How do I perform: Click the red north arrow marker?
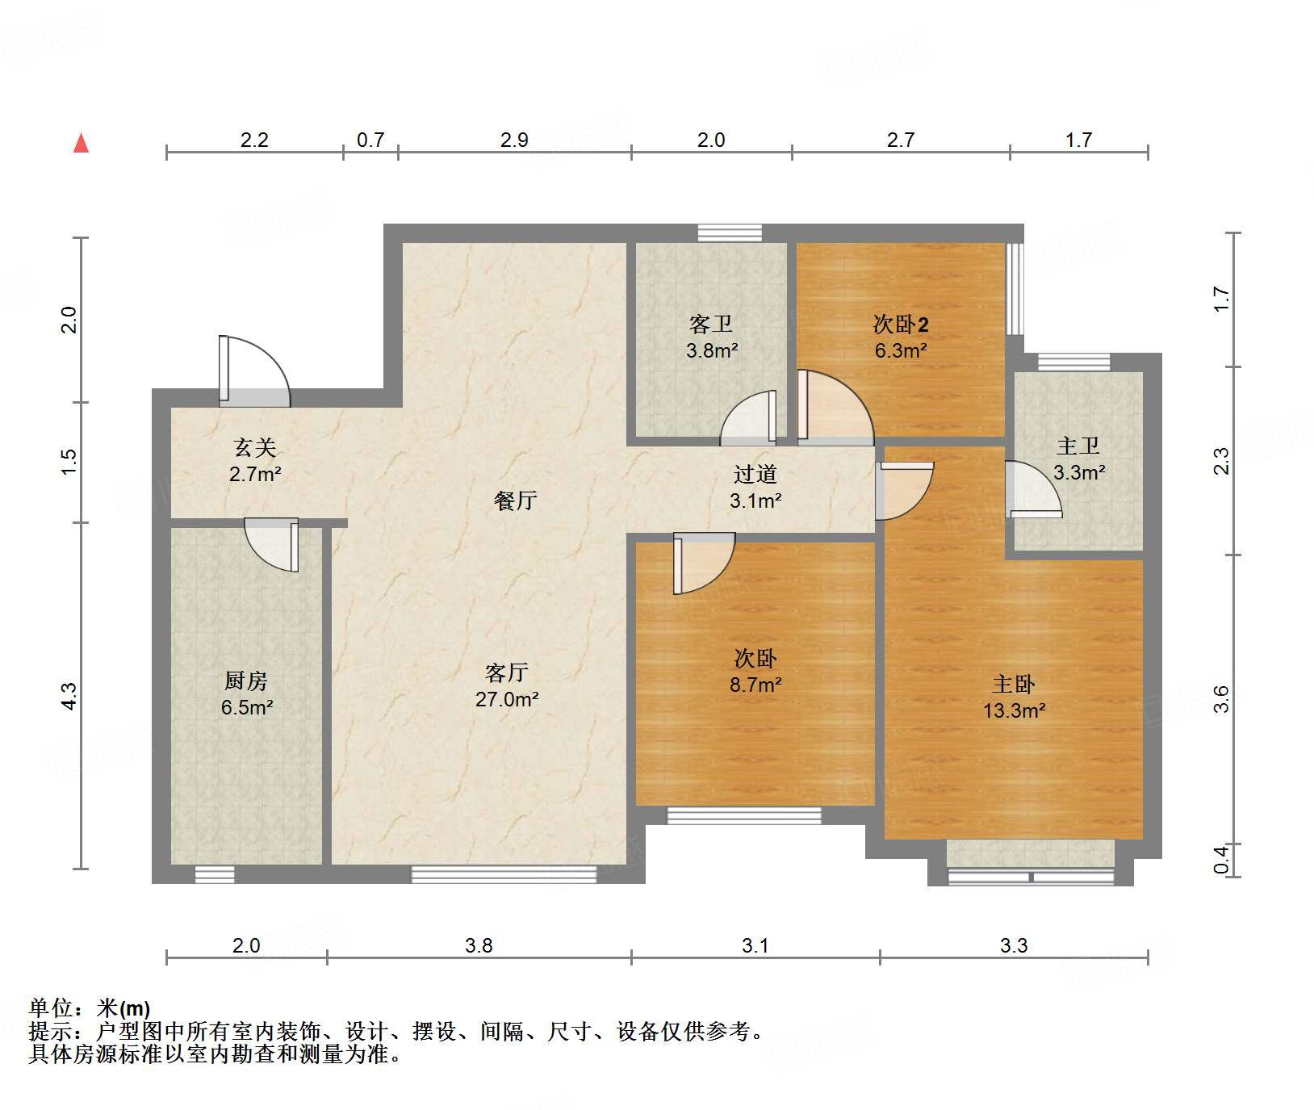[x=81, y=143]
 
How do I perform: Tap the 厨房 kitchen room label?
[x=246, y=681]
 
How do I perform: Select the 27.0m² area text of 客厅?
[x=507, y=699]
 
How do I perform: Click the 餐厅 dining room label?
[x=515, y=501]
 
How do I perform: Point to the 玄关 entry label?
[x=255, y=447]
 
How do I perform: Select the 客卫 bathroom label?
[x=711, y=325]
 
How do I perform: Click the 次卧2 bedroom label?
[x=901, y=325]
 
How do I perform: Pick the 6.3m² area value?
[x=901, y=351]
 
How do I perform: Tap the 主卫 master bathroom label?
[x=1078, y=446]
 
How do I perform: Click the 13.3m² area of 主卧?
[x=1014, y=710]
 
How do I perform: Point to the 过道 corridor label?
[x=755, y=474]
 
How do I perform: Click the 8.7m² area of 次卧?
[x=755, y=685]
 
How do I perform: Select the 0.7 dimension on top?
[x=370, y=140]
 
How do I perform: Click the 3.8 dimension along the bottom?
[x=479, y=945]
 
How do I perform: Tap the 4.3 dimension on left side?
[x=69, y=696]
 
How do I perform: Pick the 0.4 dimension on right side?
[x=1221, y=859]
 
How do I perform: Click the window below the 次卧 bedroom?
[x=743, y=815]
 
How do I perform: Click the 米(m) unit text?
[x=123, y=1008]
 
